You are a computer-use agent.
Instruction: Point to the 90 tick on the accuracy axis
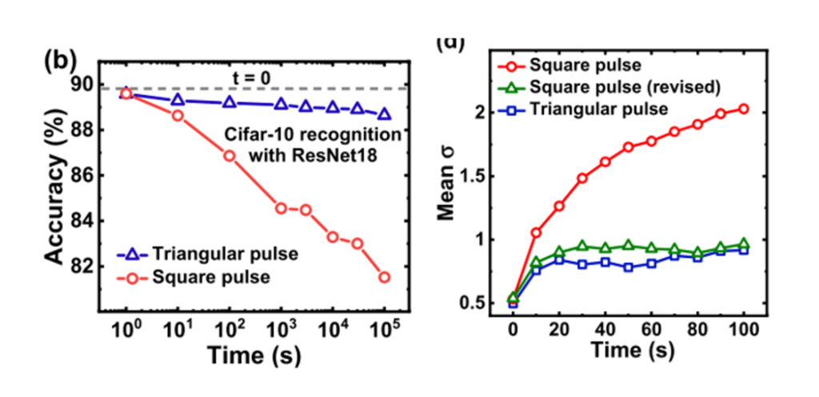click(82, 85)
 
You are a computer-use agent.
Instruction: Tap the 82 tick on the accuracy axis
click(82, 266)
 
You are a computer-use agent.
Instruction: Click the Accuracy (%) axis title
click(53, 175)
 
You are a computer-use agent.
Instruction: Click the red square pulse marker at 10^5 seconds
click(385, 277)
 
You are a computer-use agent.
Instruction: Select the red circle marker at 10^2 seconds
click(230, 155)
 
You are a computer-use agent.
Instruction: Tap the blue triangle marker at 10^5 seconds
click(385, 114)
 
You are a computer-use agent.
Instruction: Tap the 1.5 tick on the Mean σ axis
click(478, 176)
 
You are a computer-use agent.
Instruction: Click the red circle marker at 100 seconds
click(744, 109)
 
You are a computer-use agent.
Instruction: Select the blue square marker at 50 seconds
click(628, 267)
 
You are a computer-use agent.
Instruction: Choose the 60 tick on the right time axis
click(651, 329)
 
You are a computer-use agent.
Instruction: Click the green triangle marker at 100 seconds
click(744, 243)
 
